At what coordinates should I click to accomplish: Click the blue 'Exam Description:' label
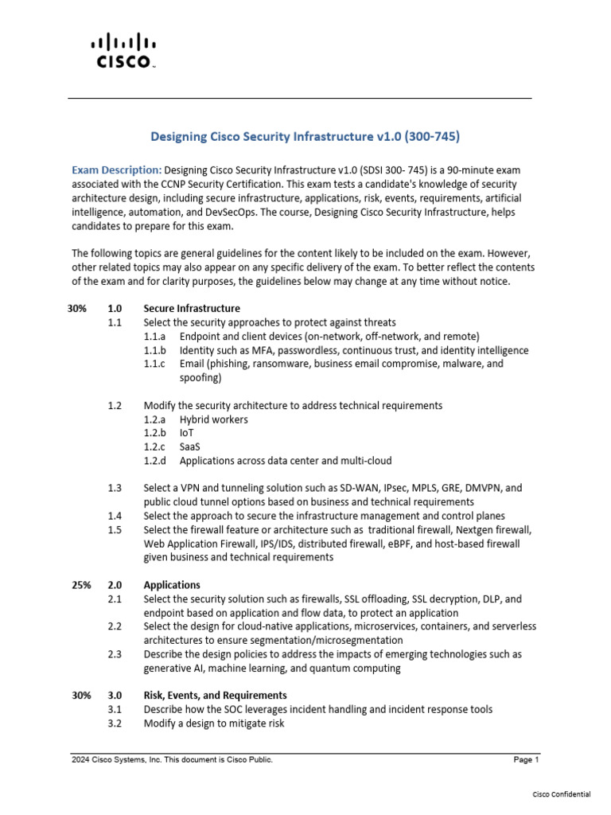[x=117, y=170]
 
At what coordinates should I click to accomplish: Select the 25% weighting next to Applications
[x=81, y=585]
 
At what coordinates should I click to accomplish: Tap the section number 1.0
[x=115, y=309]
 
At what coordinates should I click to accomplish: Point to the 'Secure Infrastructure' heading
[x=192, y=309]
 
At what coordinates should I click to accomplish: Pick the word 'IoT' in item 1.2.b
[x=187, y=433]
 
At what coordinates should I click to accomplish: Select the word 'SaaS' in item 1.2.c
[x=190, y=446]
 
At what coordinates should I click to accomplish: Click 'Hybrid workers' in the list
[x=213, y=419]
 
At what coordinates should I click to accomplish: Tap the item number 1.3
[x=115, y=488]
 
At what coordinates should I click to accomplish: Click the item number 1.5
[x=115, y=530]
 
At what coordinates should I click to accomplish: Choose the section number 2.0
[x=115, y=585]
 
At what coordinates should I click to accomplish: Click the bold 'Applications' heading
[x=172, y=585]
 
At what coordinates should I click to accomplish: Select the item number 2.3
[x=115, y=654]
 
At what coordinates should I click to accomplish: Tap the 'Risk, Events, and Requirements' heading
[x=215, y=696]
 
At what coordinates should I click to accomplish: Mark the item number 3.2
[x=115, y=723]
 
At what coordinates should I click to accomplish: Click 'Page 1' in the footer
[x=526, y=761]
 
